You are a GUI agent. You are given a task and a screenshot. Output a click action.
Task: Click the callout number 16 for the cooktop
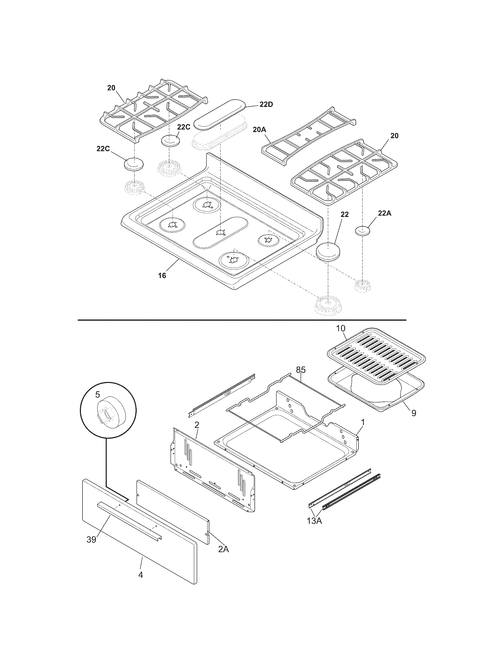(162, 275)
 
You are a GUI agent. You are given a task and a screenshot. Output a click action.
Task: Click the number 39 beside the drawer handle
(92, 539)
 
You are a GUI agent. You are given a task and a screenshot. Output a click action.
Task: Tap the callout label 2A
(223, 549)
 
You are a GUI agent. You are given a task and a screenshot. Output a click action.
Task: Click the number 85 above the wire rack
(301, 370)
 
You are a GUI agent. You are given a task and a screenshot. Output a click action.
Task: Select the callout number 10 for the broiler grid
(341, 328)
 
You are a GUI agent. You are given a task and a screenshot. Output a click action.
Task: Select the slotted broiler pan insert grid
(376, 355)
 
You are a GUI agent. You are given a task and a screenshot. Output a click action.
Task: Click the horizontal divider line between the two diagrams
(242, 320)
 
